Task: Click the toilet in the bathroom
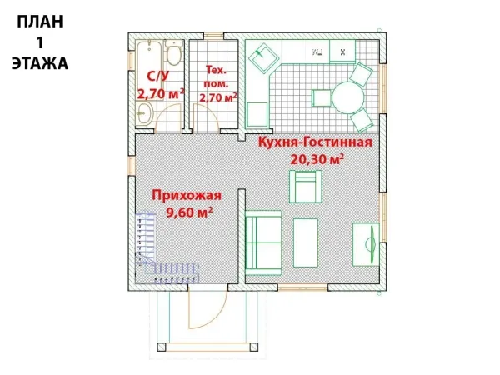(x=174, y=52)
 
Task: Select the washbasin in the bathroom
(x=145, y=113)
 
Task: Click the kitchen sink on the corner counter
(x=264, y=58)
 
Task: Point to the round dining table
(x=347, y=97)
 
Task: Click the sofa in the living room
(x=263, y=242)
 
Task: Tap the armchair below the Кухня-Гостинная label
(x=305, y=187)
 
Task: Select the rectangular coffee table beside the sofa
(x=306, y=242)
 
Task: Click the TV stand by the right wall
(x=366, y=244)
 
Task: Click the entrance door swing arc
(x=213, y=316)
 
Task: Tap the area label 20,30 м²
(x=317, y=159)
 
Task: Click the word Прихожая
(x=187, y=195)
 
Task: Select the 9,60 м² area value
(x=190, y=212)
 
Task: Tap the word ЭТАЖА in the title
(x=40, y=63)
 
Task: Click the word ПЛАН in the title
(x=40, y=22)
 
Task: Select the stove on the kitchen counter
(x=342, y=51)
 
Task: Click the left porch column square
(x=162, y=347)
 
